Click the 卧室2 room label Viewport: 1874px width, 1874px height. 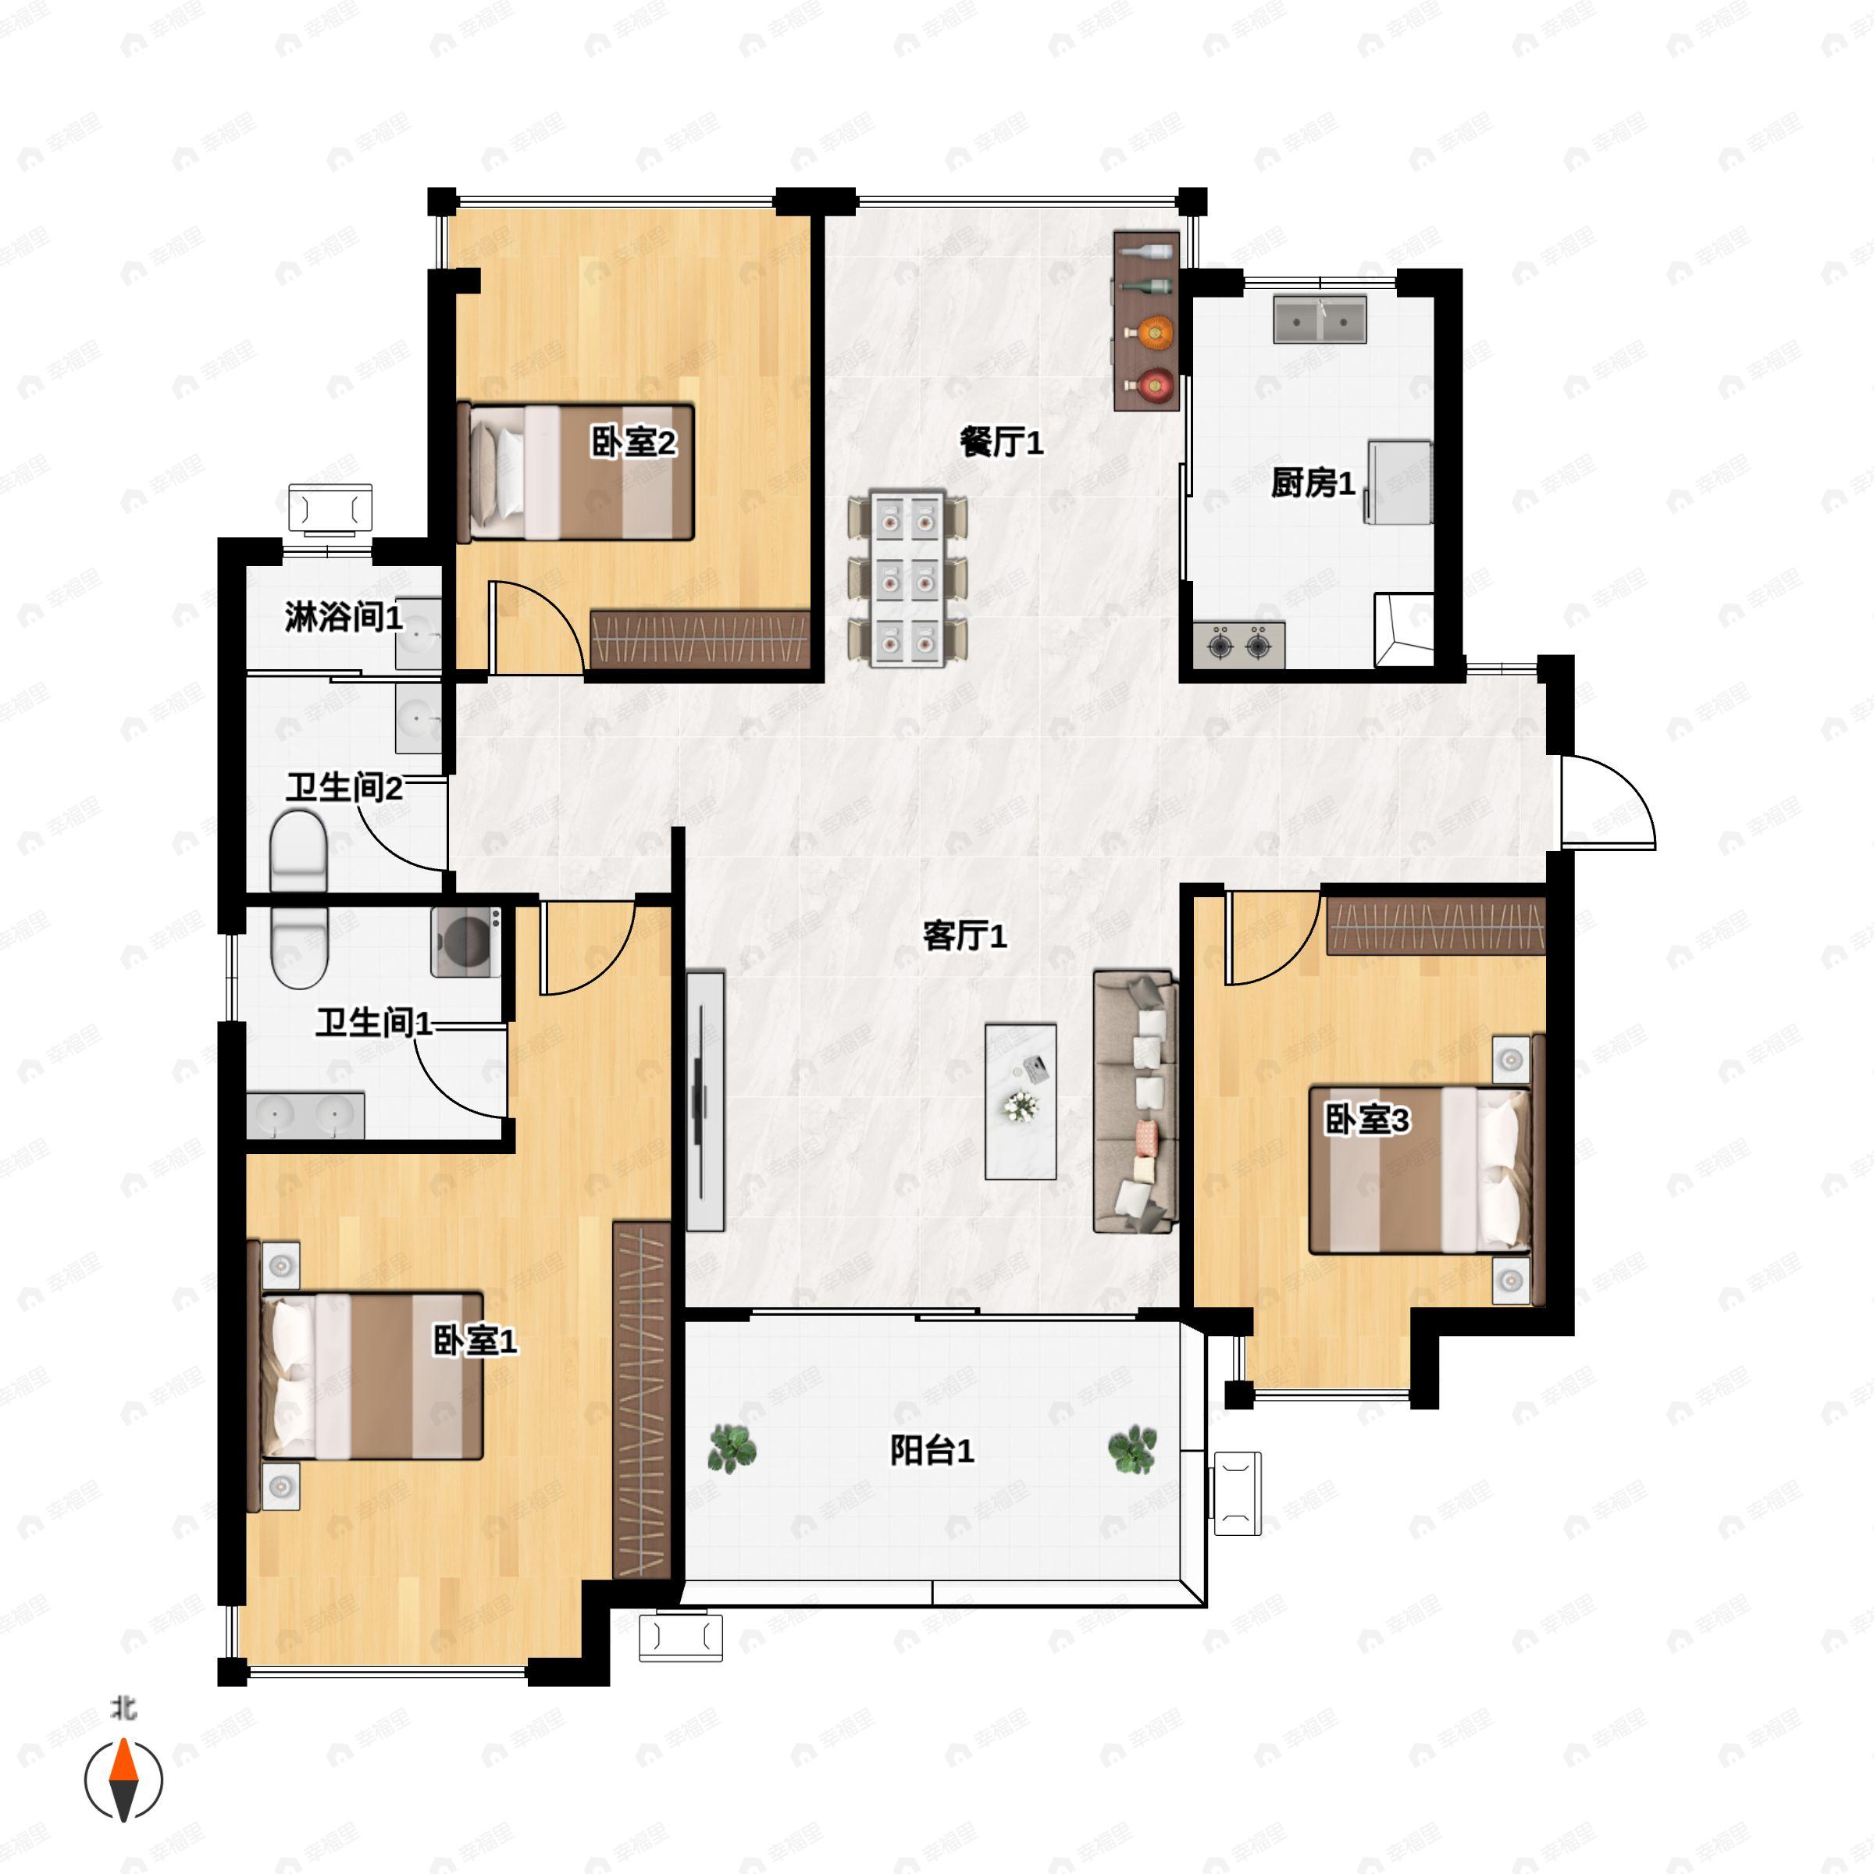tap(633, 444)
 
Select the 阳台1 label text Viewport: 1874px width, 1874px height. tap(932, 1451)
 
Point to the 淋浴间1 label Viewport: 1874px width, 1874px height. tap(344, 617)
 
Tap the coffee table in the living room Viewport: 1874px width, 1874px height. tap(1021, 1101)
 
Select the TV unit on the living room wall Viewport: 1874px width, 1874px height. tap(706, 1101)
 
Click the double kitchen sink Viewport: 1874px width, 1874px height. tap(1320, 319)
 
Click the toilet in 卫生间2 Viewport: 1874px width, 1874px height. tap(297, 852)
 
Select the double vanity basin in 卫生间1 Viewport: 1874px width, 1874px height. tap(305, 1116)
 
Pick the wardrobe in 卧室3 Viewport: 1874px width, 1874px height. tap(1436, 926)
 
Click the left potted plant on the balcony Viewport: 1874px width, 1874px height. tap(732, 1449)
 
